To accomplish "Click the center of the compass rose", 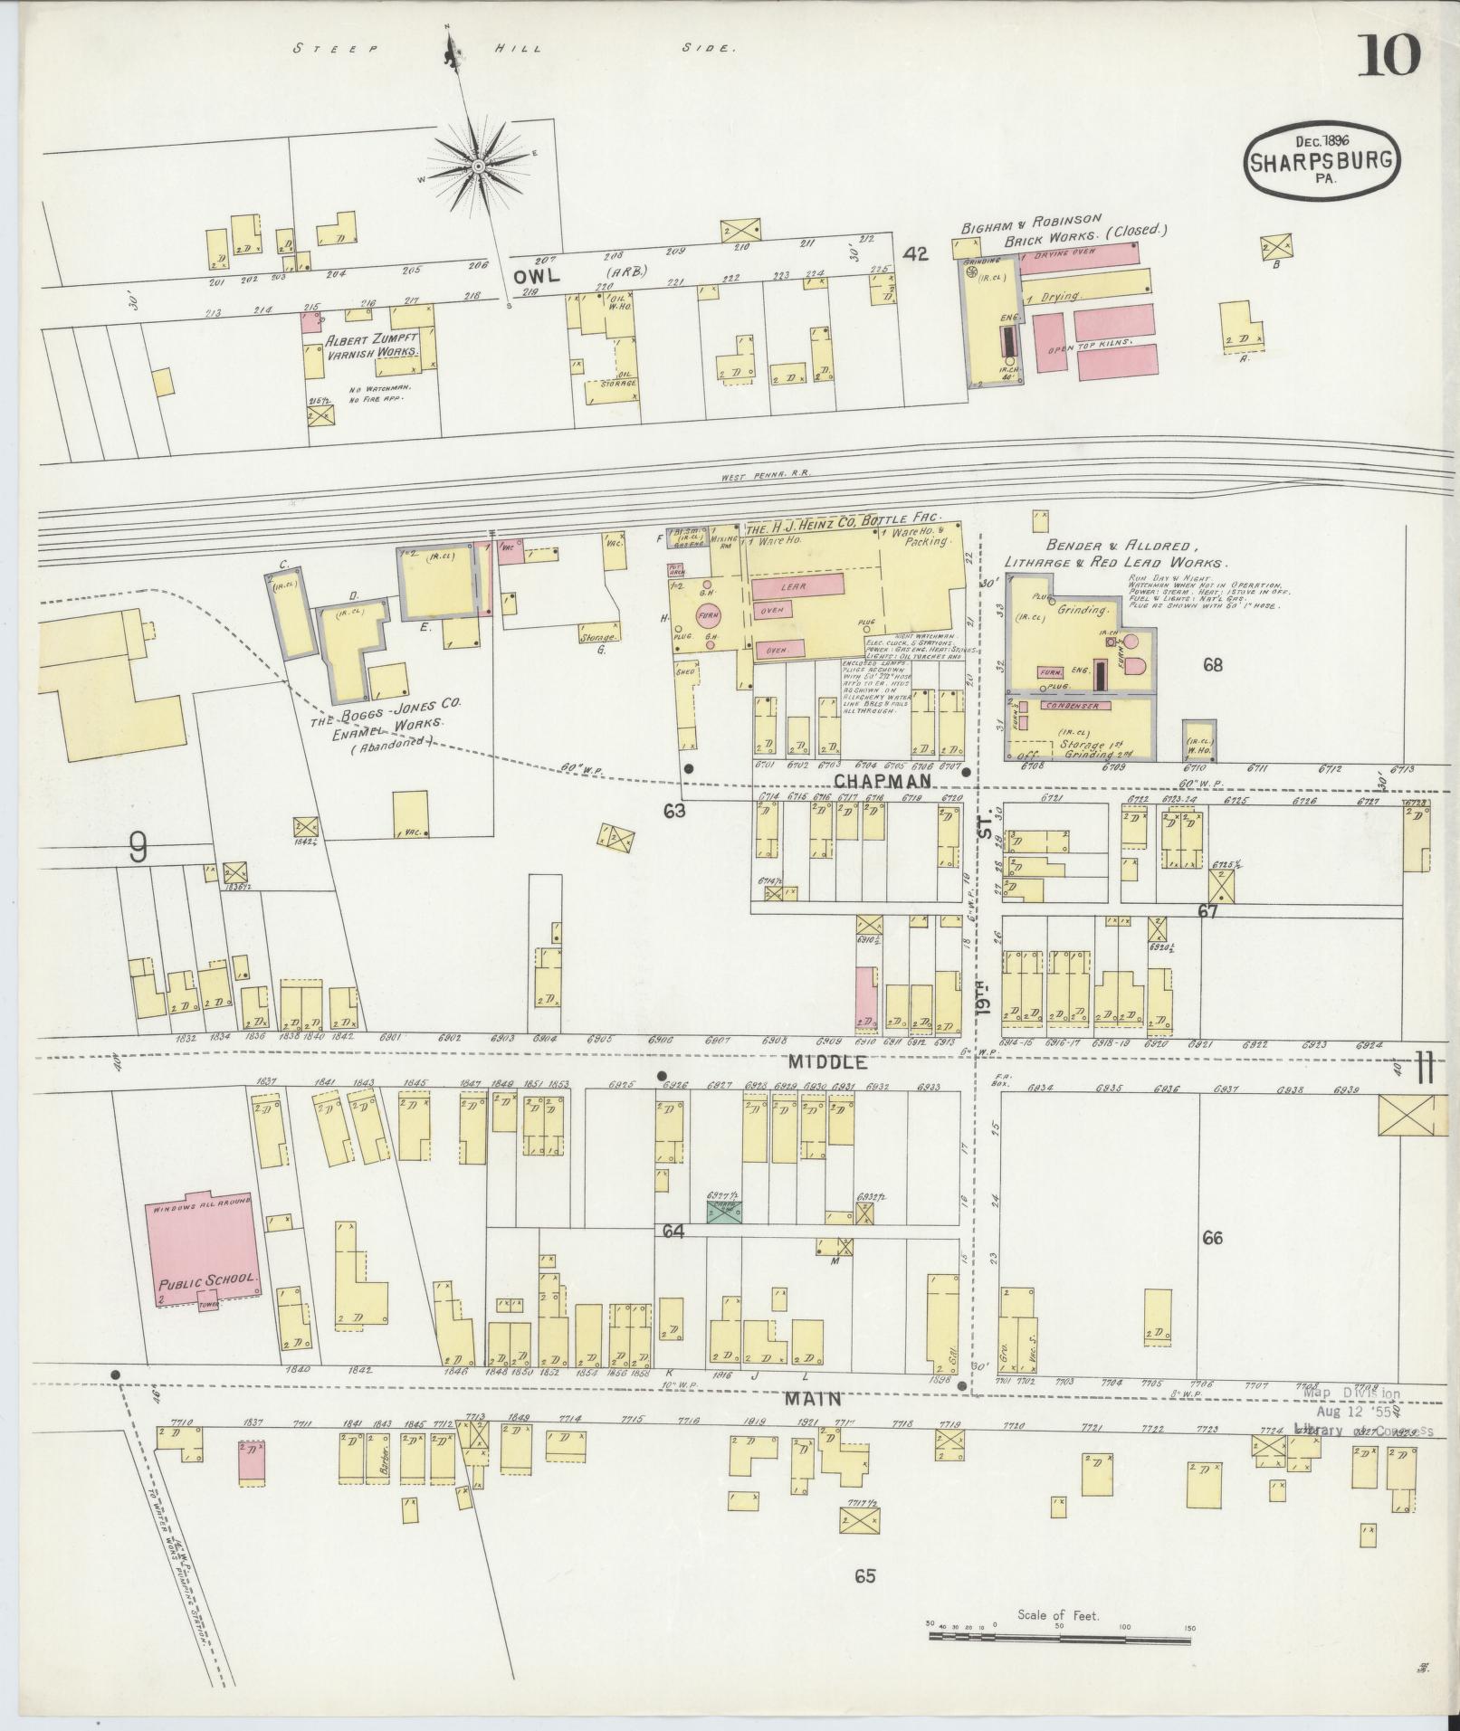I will [477, 167].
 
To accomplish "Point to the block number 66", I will [1212, 1238].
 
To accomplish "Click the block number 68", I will [1212, 665].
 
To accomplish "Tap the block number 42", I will [916, 255].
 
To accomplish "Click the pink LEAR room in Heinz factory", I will [797, 586].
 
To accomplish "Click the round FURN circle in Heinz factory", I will [708, 618].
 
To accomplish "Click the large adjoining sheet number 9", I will [138, 849].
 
